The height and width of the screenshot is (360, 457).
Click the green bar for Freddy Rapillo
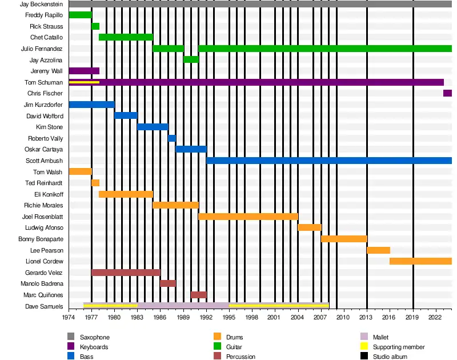tap(80, 15)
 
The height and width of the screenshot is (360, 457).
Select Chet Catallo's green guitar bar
tap(126, 37)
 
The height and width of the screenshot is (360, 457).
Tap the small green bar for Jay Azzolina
tap(191, 59)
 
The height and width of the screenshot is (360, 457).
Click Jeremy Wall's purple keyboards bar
tap(84, 71)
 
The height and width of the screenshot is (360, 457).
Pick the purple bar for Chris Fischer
tap(447, 93)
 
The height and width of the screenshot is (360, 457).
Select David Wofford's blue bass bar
tap(126, 115)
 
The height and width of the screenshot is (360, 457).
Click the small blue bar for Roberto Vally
tap(172, 138)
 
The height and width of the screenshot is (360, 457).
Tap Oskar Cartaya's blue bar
tap(191, 149)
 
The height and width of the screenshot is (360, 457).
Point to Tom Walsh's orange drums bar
tap(80, 171)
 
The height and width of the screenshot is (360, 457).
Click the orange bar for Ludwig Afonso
tap(310, 227)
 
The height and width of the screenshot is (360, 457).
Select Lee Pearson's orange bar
tap(378, 250)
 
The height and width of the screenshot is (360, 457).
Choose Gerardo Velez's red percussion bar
tap(126, 273)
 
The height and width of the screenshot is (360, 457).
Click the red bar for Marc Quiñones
tap(198, 295)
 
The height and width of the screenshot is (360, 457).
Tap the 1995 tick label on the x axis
tap(229, 317)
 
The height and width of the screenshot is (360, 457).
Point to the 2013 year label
tap(367, 317)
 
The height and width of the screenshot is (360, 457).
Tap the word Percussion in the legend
tap(240, 357)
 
